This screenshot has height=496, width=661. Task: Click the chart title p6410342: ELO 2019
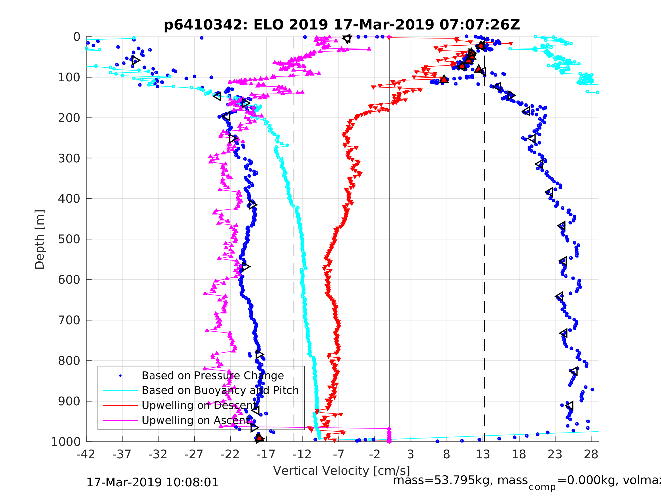(x=342, y=25)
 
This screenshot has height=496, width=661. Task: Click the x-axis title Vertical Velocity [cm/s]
(x=342, y=470)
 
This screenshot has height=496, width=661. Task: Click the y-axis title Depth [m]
(x=40, y=239)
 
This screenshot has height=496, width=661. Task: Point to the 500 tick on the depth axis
(x=69, y=239)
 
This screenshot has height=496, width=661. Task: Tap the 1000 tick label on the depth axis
(x=66, y=442)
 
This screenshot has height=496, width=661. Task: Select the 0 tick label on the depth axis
(x=77, y=37)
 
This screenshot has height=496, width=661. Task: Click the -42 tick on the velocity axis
(x=86, y=454)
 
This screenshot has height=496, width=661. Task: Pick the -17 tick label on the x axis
(x=266, y=454)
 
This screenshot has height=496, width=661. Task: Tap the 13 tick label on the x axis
(x=483, y=454)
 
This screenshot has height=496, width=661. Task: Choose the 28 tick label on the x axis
(x=591, y=454)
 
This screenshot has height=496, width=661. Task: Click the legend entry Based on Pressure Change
(x=212, y=376)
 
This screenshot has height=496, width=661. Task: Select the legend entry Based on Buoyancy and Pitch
(x=220, y=391)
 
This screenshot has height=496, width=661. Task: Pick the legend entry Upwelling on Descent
(x=199, y=405)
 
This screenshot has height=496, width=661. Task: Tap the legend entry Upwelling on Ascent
(x=196, y=420)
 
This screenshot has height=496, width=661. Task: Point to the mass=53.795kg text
(x=460, y=480)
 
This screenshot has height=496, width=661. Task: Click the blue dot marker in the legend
(x=120, y=376)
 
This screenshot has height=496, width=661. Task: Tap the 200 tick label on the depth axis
(x=69, y=118)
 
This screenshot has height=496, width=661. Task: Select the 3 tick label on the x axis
(x=411, y=454)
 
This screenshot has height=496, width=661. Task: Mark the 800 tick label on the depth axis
(x=69, y=361)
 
